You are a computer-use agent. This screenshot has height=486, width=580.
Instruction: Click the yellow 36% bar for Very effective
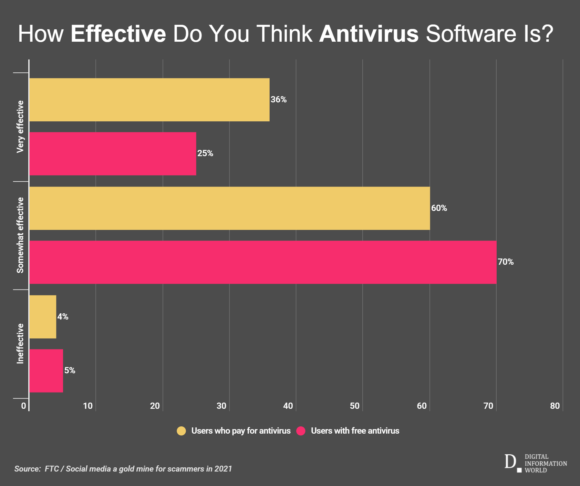tap(149, 100)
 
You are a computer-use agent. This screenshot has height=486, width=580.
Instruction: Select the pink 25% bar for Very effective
tap(113, 154)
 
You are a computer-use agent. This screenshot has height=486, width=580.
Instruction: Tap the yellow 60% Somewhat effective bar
tap(229, 208)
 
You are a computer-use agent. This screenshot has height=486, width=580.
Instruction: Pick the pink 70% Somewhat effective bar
tap(263, 262)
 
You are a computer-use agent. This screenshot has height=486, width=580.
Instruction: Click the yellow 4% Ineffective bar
tap(43, 317)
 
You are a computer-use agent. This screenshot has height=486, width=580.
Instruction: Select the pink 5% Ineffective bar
tap(46, 371)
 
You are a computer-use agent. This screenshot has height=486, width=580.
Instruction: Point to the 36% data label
tap(278, 100)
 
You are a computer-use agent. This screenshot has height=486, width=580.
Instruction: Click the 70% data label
tap(505, 262)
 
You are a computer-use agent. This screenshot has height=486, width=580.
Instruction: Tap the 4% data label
tap(63, 317)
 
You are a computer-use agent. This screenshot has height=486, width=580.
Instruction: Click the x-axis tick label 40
tap(288, 406)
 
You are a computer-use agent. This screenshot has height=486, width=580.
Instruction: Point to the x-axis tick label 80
tap(555, 406)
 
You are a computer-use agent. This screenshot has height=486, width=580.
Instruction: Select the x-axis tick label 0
tap(23, 406)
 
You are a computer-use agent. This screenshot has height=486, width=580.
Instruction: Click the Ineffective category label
tap(20, 344)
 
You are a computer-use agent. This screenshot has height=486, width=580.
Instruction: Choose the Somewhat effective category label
tap(20, 235)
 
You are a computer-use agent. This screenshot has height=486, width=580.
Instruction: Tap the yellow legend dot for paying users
tap(181, 431)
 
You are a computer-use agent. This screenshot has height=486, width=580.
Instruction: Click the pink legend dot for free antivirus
tap(301, 431)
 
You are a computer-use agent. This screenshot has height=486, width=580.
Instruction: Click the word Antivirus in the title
tap(369, 34)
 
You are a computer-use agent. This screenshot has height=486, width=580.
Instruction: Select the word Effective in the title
tap(118, 34)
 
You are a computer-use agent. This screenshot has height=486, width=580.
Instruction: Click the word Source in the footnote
tap(28, 469)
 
